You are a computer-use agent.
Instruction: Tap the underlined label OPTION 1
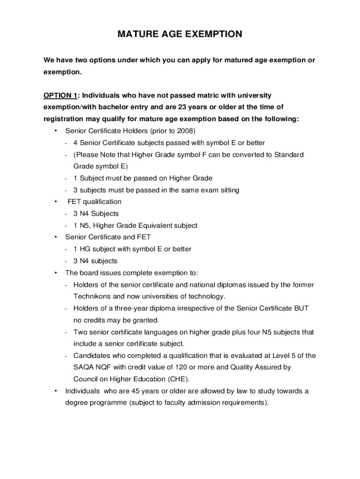click(x=60, y=95)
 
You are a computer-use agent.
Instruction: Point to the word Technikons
click(x=92, y=297)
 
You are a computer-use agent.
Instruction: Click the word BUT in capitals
click(x=302, y=309)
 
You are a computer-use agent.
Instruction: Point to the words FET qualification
click(x=94, y=202)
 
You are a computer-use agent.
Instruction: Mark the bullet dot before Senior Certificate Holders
click(x=56, y=131)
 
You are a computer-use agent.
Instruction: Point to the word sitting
click(x=228, y=190)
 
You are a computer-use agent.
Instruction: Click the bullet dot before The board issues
click(x=56, y=273)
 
